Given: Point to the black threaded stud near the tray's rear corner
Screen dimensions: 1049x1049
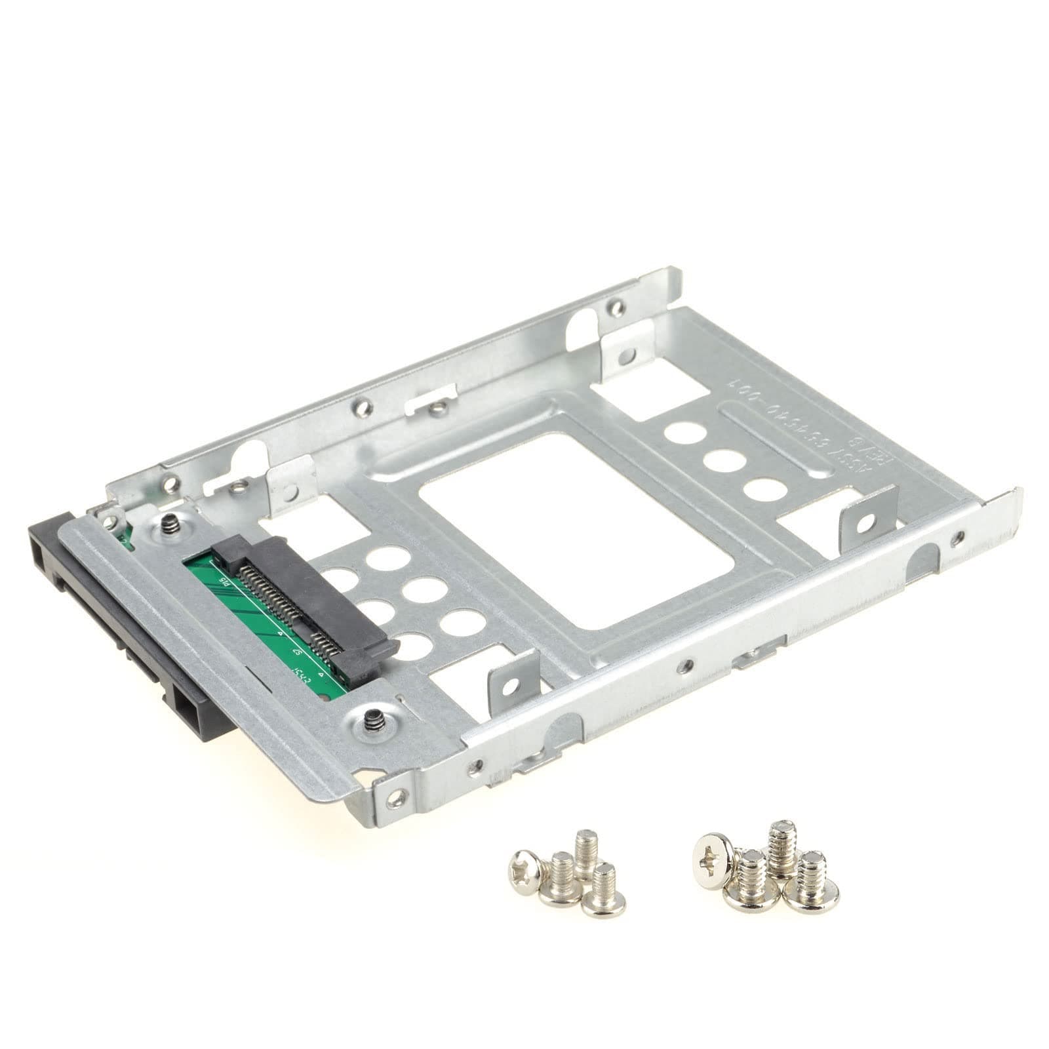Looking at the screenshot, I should (x=169, y=524).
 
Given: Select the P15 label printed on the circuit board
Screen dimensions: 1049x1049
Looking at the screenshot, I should (x=224, y=580).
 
